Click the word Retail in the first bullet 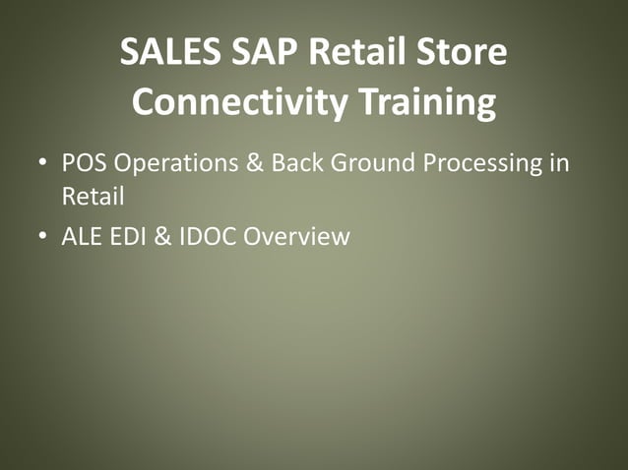(x=93, y=196)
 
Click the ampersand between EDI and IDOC (x=162, y=236)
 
